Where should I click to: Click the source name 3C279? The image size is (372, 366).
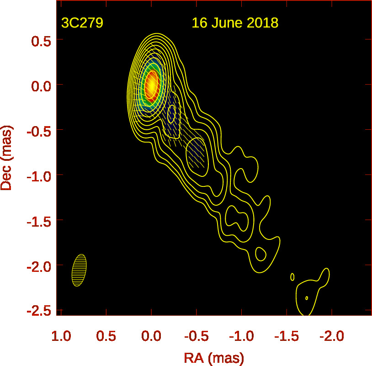pyautogui.click(x=82, y=23)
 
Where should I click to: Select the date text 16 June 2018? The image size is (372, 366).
pyautogui.click(x=235, y=23)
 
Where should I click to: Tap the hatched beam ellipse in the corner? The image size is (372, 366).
pyautogui.click(x=79, y=270)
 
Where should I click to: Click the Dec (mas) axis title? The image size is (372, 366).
pyautogui.click(x=7, y=159)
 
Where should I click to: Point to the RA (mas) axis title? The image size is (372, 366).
pyautogui.click(x=214, y=357)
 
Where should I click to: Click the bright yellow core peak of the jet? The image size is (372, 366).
pyautogui.click(x=151, y=85)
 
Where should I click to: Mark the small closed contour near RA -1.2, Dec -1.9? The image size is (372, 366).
pyautogui.click(x=260, y=253)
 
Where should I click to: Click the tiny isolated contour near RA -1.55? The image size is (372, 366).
pyautogui.click(x=292, y=276)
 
